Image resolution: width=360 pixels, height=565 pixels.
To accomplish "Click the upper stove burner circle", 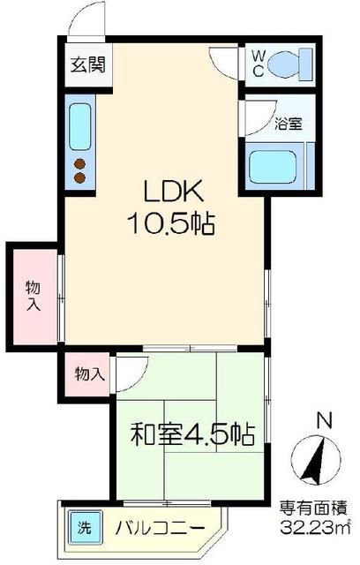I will point(79,163).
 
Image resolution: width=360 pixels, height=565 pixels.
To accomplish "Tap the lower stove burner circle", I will point(79,178).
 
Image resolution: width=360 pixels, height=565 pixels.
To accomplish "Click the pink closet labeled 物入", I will point(33,296).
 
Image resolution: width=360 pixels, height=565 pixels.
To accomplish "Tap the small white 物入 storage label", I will point(89,373).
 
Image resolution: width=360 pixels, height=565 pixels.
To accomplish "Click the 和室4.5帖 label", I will point(193,434).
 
